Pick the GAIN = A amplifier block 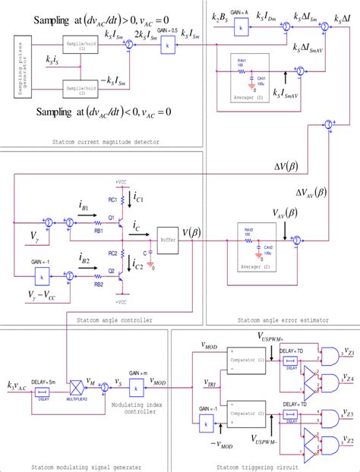point(240,25)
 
